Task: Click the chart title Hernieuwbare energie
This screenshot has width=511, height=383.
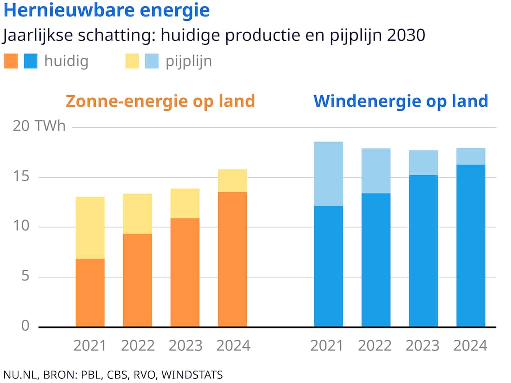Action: click(106, 10)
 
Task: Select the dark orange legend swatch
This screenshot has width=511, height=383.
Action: click(11, 61)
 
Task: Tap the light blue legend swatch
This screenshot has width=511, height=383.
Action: click(152, 61)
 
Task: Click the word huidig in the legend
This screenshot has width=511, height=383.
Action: click(66, 61)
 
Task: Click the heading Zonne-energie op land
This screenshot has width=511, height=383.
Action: click(160, 101)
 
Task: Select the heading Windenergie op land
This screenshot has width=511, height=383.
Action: click(401, 101)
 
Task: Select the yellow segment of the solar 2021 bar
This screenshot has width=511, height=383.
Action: click(90, 228)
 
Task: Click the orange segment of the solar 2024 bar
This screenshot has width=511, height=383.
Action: click(232, 259)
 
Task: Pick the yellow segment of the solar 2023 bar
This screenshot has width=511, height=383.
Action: click(185, 203)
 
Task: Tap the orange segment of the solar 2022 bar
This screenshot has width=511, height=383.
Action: click(137, 280)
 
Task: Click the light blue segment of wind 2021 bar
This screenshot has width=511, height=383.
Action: click(328, 174)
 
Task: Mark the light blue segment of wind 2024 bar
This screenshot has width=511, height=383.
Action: click(471, 156)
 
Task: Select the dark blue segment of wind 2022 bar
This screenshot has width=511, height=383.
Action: click(376, 260)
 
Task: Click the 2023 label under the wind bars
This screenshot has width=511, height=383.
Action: click(423, 345)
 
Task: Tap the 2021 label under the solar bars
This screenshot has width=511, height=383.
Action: click(90, 345)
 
